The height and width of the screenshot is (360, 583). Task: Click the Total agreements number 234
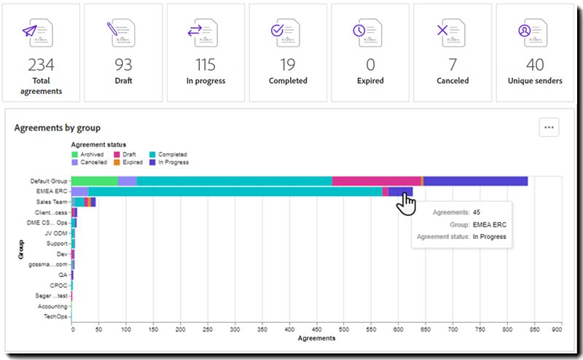click(x=41, y=65)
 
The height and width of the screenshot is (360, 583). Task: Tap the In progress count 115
click(x=206, y=65)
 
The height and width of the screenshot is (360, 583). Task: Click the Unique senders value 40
click(x=535, y=65)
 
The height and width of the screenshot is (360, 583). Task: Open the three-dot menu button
click(x=549, y=128)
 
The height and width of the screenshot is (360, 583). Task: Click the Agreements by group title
click(x=58, y=128)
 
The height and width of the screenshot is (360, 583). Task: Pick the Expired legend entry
click(x=131, y=162)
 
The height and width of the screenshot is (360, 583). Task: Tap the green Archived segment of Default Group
click(x=95, y=181)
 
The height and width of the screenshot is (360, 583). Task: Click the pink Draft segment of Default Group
click(x=376, y=181)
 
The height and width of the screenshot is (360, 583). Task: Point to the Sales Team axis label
click(x=52, y=202)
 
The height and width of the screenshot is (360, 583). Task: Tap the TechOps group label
click(x=55, y=317)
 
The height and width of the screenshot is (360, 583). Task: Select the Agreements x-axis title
click(x=316, y=339)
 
